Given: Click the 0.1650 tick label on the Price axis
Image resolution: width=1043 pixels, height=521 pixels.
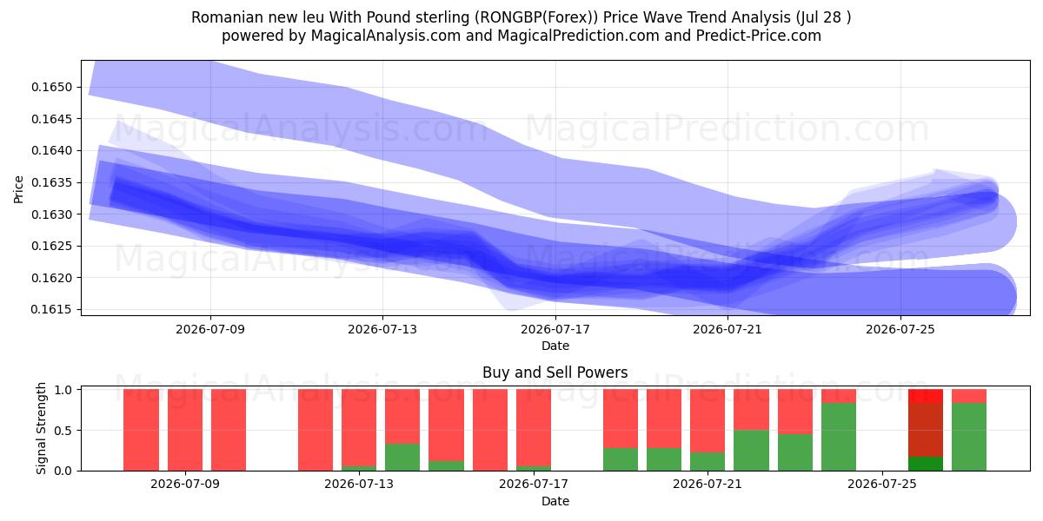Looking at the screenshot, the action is pyautogui.click(x=51, y=87).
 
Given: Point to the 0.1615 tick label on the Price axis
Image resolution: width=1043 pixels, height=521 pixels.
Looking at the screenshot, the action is pyautogui.click(x=51, y=309).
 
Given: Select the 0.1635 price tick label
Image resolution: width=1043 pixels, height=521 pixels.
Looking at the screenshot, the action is pyautogui.click(x=51, y=182).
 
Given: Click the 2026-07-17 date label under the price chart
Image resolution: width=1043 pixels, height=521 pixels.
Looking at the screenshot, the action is pyautogui.click(x=555, y=329).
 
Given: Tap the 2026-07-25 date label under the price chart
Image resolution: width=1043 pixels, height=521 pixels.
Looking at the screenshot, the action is pyautogui.click(x=900, y=329).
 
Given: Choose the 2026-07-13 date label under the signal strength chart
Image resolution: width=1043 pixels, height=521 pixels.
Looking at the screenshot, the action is pyautogui.click(x=358, y=485).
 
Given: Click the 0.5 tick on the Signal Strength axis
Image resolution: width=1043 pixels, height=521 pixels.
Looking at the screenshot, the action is pyautogui.click(x=63, y=431).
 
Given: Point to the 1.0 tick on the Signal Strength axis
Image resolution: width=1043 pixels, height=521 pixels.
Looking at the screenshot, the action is pyautogui.click(x=63, y=390).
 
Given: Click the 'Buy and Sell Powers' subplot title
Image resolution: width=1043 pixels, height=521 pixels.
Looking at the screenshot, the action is pyautogui.click(x=555, y=373).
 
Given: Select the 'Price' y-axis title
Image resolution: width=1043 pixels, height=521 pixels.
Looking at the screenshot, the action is pyautogui.click(x=18, y=189).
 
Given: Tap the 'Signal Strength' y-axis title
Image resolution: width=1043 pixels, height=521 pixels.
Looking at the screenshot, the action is pyautogui.click(x=41, y=428).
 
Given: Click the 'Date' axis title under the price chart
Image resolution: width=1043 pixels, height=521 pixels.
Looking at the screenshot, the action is pyautogui.click(x=555, y=346).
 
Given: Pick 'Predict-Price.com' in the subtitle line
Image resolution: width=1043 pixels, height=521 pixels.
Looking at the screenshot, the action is pyautogui.click(x=759, y=36).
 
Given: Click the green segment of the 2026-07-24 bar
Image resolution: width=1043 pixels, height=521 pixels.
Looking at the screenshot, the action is pyautogui.click(x=839, y=437).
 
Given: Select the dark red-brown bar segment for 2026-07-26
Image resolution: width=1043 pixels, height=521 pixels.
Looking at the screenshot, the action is pyautogui.click(x=926, y=430).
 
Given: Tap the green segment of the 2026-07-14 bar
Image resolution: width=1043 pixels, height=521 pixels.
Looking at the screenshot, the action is pyautogui.click(x=402, y=458).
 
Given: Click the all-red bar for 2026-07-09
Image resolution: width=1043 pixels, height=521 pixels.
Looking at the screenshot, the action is pyautogui.click(x=185, y=430).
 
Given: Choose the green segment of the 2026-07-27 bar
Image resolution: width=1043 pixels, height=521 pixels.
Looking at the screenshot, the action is pyautogui.click(x=969, y=437).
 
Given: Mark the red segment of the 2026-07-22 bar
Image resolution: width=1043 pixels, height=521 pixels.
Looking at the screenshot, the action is pyautogui.click(x=751, y=410).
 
